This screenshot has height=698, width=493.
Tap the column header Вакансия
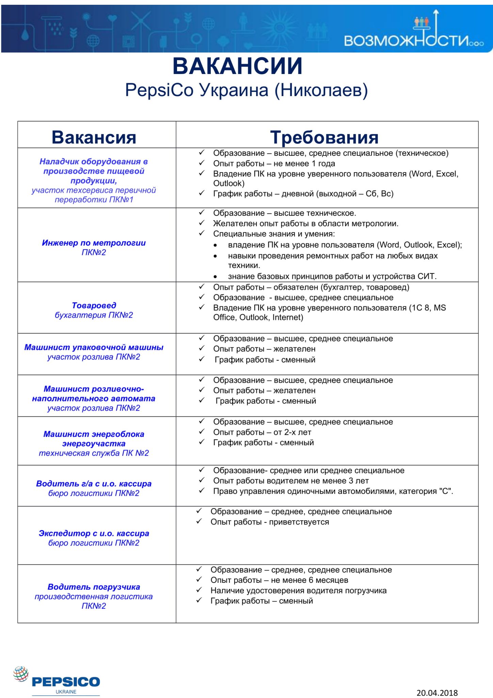pyautogui.click(x=94, y=137)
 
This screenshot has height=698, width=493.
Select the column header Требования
pyautogui.click(x=324, y=137)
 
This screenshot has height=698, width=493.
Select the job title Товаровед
pyautogui.click(x=94, y=305)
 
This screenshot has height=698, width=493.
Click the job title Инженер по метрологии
pyautogui.click(x=94, y=243)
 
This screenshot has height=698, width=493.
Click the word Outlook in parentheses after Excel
pyautogui.click(x=229, y=183)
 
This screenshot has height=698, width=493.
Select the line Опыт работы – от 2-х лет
pyautogui.click(x=262, y=432)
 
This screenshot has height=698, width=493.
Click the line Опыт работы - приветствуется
pyautogui.click(x=270, y=522)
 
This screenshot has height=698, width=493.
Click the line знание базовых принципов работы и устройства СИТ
pyautogui.click(x=332, y=276)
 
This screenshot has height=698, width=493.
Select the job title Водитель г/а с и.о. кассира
pyautogui.click(x=94, y=484)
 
